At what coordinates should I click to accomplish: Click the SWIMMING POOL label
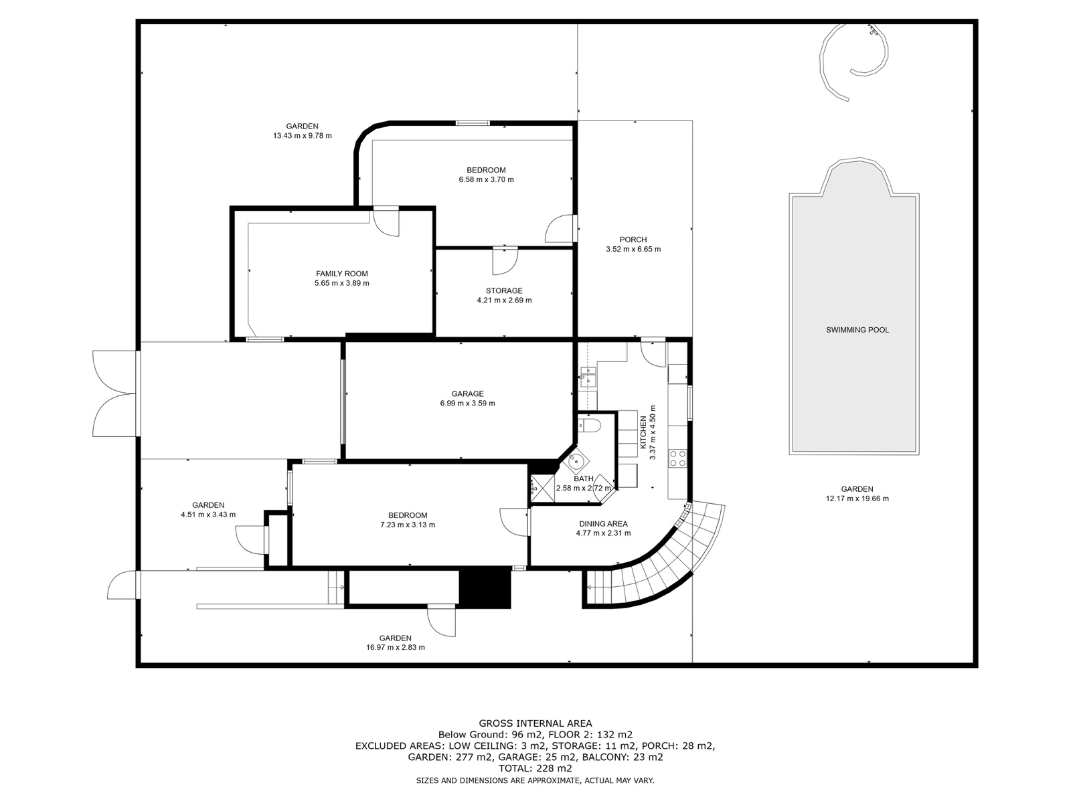(x=857, y=330)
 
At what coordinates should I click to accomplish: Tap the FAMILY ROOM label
(x=341, y=274)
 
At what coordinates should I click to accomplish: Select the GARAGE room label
(x=467, y=394)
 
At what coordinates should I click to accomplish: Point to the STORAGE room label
(x=504, y=291)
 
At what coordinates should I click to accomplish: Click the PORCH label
(x=633, y=240)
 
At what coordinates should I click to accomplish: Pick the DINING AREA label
(x=603, y=524)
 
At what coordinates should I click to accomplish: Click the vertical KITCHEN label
(x=643, y=432)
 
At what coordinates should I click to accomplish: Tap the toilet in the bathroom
(x=590, y=425)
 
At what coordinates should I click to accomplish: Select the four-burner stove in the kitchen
(x=677, y=458)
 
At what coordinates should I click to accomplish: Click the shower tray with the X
(x=542, y=488)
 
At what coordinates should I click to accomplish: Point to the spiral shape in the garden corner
(x=853, y=58)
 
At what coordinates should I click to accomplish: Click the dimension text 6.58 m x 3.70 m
(x=486, y=179)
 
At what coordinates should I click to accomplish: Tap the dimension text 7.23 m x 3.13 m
(x=408, y=525)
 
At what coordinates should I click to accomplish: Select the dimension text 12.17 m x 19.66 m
(x=857, y=499)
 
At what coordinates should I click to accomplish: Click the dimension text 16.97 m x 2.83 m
(x=395, y=648)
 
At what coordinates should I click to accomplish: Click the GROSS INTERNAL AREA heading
(x=535, y=723)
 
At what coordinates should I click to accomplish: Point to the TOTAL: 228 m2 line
(x=535, y=768)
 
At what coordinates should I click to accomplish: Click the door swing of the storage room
(x=505, y=262)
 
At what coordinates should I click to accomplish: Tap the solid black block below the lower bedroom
(x=485, y=589)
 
